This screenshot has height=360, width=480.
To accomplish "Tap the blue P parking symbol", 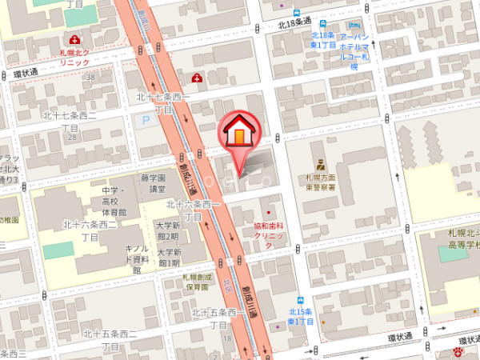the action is tap(146, 121).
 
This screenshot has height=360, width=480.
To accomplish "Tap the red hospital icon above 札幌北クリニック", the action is tap(75, 39).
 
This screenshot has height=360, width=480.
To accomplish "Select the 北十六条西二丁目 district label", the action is tap(90, 230).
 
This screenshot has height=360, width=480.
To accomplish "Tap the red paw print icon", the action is tap(459, 350).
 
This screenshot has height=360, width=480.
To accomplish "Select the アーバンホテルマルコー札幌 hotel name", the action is tap(353, 52).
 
